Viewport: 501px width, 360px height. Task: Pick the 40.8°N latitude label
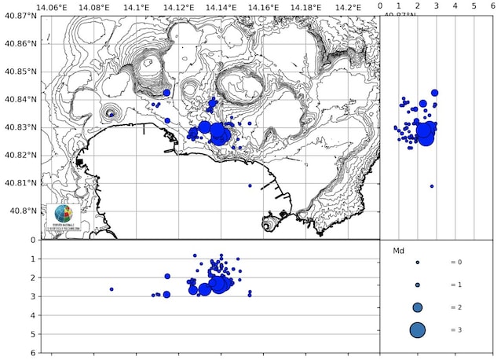(x=21, y=211)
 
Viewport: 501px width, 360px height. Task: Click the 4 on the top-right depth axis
(x=455, y=6)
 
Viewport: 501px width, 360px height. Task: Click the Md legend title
(x=397, y=252)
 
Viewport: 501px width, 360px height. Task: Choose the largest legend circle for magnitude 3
(x=417, y=330)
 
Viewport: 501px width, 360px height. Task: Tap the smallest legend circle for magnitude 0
(x=418, y=263)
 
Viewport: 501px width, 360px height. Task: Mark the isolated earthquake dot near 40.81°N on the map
(x=250, y=186)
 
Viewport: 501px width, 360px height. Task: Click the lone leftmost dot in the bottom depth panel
(x=112, y=289)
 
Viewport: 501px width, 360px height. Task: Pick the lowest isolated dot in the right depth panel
(x=432, y=186)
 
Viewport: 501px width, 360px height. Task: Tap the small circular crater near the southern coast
(x=269, y=226)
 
